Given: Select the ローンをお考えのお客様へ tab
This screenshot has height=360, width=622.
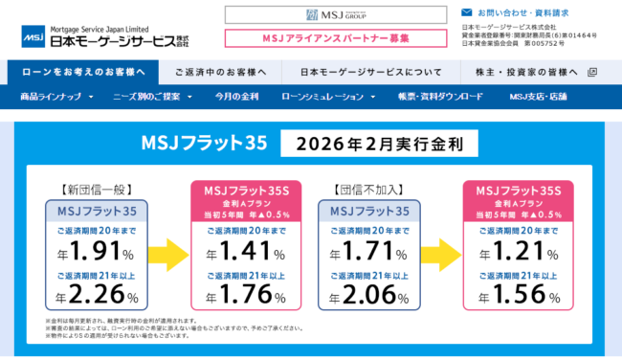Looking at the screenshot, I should pyautogui.click(x=83, y=72).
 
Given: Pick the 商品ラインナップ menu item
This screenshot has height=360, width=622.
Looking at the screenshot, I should pyautogui.click(x=57, y=97).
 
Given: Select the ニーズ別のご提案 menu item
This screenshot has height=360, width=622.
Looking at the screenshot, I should pyautogui.click(x=150, y=97).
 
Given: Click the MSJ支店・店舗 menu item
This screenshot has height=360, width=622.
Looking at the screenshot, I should pyautogui.click(x=538, y=97).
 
